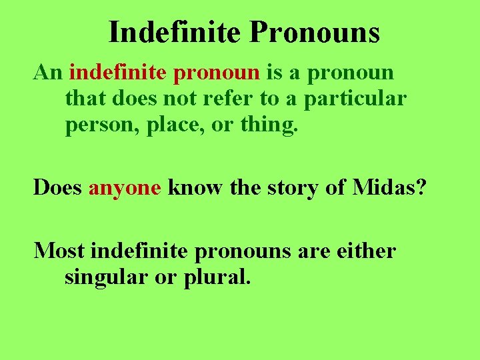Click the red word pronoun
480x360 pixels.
click(x=217, y=73)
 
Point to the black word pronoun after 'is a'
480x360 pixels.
click(x=351, y=73)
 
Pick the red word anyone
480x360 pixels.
click(x=125, y=189)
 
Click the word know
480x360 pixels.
click(x=195, y=187)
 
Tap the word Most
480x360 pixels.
click(x=59, y=251)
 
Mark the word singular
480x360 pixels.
click(x=107, y=277)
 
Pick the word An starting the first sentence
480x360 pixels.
click(x=47, y=72)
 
